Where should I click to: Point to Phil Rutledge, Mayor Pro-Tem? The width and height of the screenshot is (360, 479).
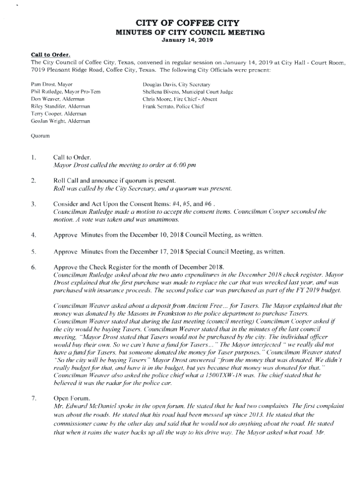point(65,92)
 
